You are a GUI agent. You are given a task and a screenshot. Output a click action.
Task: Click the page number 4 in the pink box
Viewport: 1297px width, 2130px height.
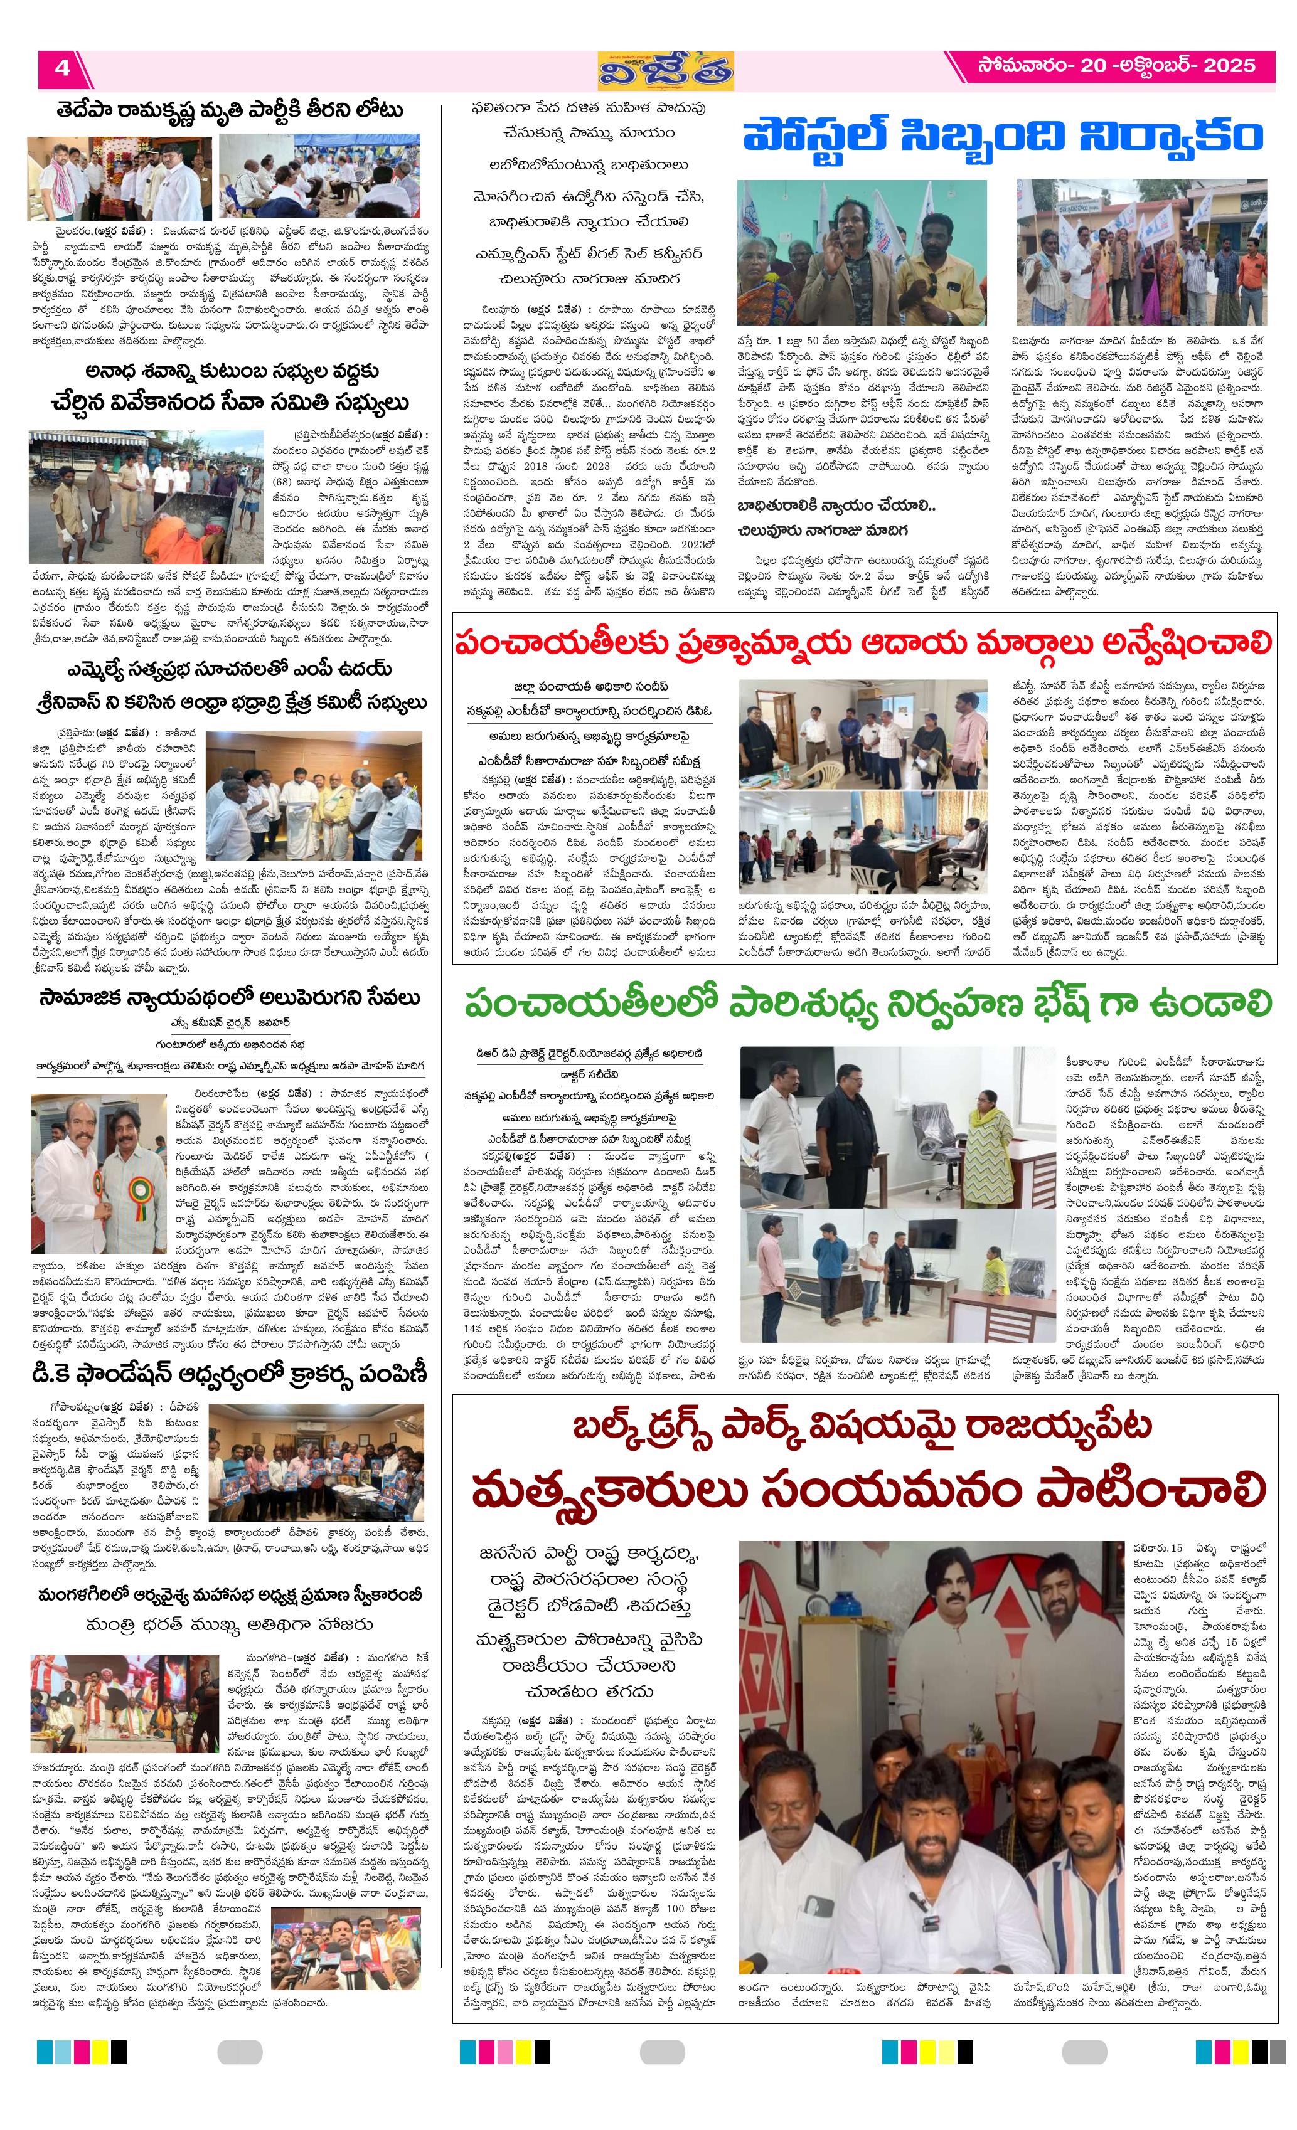[x=62, y=68]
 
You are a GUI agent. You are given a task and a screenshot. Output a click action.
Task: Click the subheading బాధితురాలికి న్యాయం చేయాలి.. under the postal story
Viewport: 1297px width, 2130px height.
[x=835, y=506]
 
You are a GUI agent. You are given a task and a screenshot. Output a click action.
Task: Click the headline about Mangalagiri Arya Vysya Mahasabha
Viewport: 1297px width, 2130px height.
[x=230, y=1595]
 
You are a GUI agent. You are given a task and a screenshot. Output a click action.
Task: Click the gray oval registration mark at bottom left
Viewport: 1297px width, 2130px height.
[x=240, y=2053]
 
